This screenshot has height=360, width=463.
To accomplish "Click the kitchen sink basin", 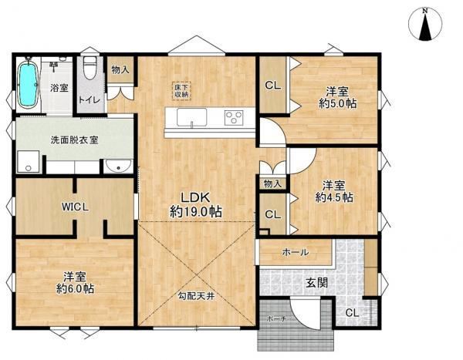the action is tap(191, 117).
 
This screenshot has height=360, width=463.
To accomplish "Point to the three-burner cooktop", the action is tap(234, 117).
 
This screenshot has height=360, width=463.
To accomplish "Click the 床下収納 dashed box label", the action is tap(181, 91).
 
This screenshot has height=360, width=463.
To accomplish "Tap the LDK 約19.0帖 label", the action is tap(195, 204).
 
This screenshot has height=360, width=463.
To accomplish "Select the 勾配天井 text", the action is tap(196, 296).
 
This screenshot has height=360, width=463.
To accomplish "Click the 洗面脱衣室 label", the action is tap(74, 140).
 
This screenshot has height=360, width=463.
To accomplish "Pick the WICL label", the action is tap(75, 207).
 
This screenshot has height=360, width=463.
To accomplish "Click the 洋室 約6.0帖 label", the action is tap(75, 283).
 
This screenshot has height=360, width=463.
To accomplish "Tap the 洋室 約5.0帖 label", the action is tap(337, 97).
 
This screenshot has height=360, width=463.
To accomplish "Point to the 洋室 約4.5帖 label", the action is tap(334, 191).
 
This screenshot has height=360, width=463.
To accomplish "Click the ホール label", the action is tap(296, 252).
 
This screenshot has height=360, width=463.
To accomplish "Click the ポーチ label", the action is tap(275, 318).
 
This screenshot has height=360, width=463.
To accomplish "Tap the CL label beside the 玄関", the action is tap(352, 313).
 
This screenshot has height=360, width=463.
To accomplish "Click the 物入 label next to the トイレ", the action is tap(120, 70).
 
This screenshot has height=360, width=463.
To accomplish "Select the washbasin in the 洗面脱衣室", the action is tap(118, 167).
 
